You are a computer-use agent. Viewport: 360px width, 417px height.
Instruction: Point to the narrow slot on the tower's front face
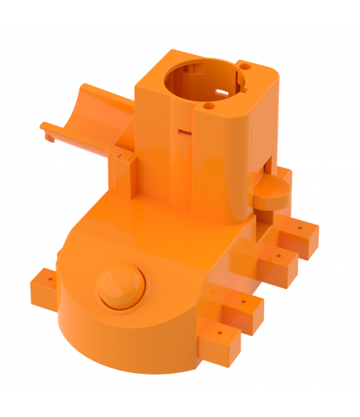(185, 131)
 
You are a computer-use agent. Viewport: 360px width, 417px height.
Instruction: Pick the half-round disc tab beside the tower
(270, 191)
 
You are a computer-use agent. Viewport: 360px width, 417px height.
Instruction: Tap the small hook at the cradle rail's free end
(47, 135)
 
